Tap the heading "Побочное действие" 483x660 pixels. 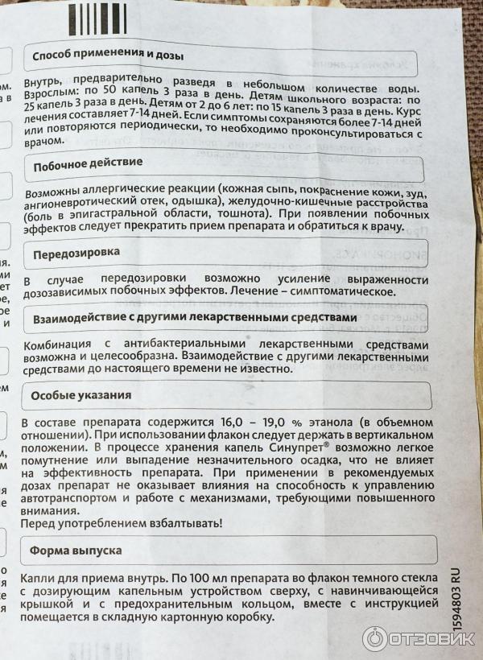tap(86, 164)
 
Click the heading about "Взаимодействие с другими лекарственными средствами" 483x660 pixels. tap(193, 317)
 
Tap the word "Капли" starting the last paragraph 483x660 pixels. tap(38, 577)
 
